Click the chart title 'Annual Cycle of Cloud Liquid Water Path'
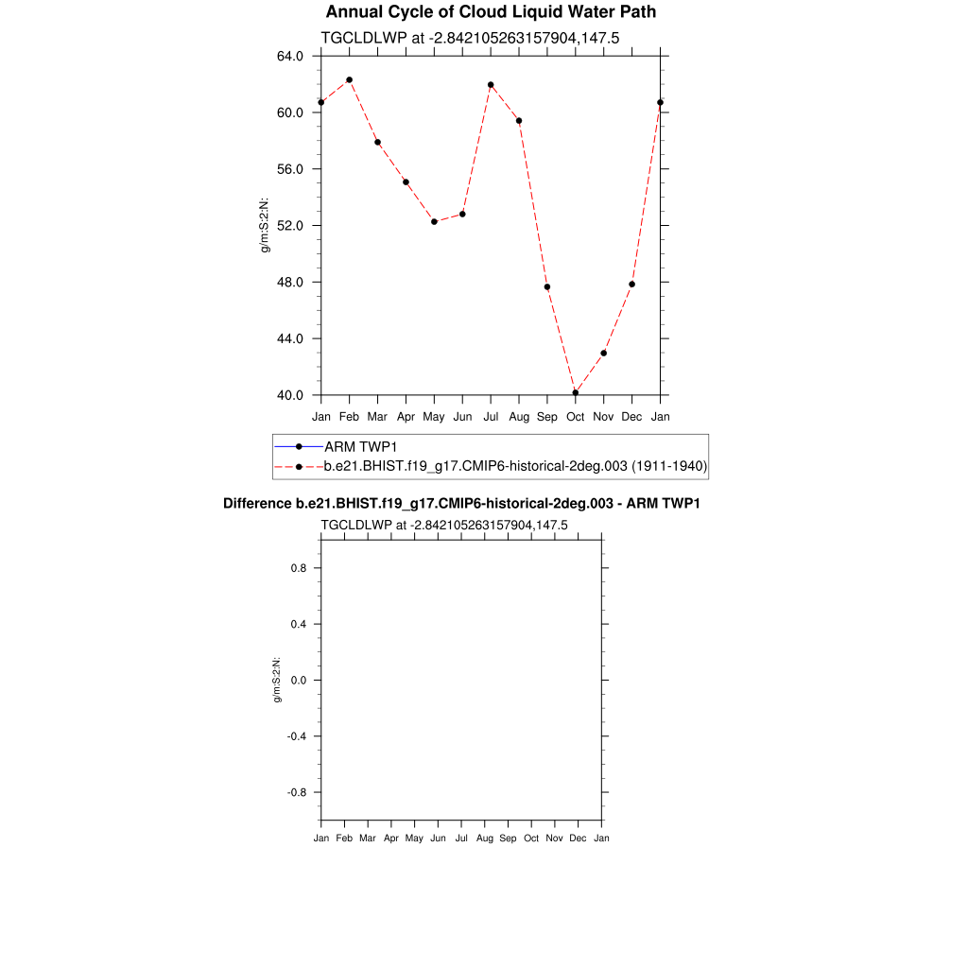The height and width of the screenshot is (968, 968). coord(490,12)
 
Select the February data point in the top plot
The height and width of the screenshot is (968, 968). coord(349,80)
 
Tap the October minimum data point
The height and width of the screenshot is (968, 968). coord(575,392)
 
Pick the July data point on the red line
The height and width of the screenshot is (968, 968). coord(491,85)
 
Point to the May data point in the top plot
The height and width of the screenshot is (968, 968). coord(434,222)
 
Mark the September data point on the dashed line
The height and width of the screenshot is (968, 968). coord(546,287)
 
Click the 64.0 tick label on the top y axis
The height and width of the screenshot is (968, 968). coord(289,56)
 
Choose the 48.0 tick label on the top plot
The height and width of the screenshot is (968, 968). coord(289,282)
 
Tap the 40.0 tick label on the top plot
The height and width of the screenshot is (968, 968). coord(289,395)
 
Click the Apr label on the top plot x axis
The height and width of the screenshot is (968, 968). coord(406,417)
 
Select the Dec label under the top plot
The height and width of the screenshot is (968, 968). coord(631,417)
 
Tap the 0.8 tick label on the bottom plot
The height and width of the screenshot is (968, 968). coord(299,568)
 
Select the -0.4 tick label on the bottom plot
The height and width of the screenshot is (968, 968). coord(297,736)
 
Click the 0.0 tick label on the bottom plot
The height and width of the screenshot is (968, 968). coord(299,681)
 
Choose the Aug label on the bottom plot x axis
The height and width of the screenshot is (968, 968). coord(485,838)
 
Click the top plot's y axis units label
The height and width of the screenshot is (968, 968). coord(266,226)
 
